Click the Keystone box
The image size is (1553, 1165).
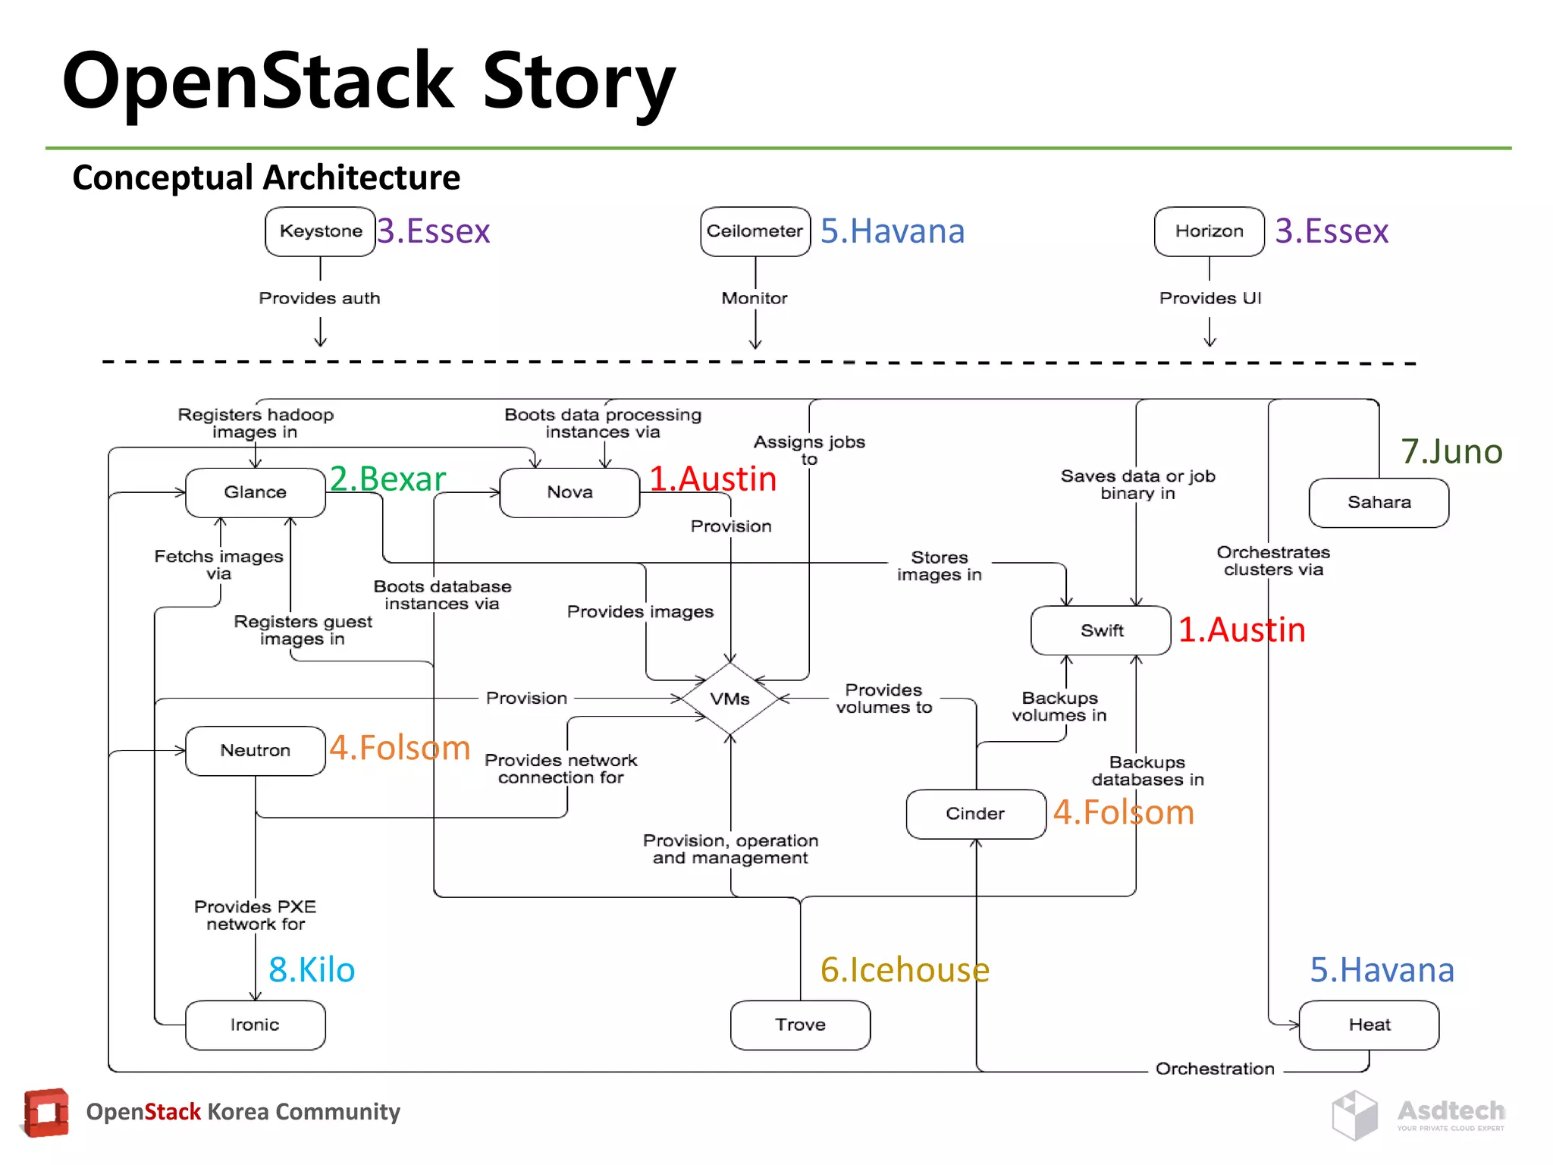[x=320, y=231]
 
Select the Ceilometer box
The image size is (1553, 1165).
[x=755, y=231]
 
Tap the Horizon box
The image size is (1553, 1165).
[x=1209, y=231]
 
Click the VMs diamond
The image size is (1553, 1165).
[x=729, y=699]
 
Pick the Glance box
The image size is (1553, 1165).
[x=256, y=492]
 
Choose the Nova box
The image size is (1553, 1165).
[x=569, y=492]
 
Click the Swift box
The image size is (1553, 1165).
[x=1101, y=630]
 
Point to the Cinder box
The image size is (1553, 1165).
[x=975, y=814]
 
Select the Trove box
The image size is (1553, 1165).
[x=800, y=1025]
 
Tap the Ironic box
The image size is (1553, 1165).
[x=256, y=1025]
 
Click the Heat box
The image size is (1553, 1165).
[x=1369, y=1025]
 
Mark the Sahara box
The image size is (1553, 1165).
[x=1379, y=502]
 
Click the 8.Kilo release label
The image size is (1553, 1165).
[x=312, y=969]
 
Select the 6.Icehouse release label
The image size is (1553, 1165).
[x=905, y=969]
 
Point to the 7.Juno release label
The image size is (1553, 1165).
[x=1451, y=451]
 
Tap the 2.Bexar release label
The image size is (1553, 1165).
[x=387, y=479]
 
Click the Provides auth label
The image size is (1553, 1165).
[x=319, y=298]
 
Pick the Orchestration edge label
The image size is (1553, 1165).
[x=1215, y=1069]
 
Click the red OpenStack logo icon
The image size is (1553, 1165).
[x=46, y=1113]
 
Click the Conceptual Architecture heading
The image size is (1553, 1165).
[x=266, y=177]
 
